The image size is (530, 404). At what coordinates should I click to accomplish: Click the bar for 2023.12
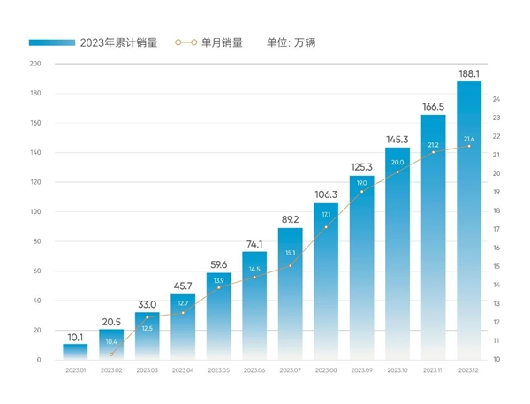[x=468, y=221]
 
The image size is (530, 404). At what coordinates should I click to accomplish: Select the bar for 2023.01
[x=75, y=352]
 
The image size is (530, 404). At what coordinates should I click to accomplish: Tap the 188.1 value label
[x=468, y=73]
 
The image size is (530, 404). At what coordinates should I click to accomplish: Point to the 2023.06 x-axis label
[x=254, y=370]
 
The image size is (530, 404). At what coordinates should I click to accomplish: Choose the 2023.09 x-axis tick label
[x=361, y=370]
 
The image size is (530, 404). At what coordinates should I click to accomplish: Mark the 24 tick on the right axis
[x=496, y=99]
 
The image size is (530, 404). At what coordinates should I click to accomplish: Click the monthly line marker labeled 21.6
[x=468, y=146]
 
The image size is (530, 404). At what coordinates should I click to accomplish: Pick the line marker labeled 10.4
[x=111, y=354]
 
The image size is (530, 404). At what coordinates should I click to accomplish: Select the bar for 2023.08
[x=326, y=283]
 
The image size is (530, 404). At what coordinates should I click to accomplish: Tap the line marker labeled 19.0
[x=361, y=192]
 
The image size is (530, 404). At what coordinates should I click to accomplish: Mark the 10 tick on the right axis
[x=496, y=360]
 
